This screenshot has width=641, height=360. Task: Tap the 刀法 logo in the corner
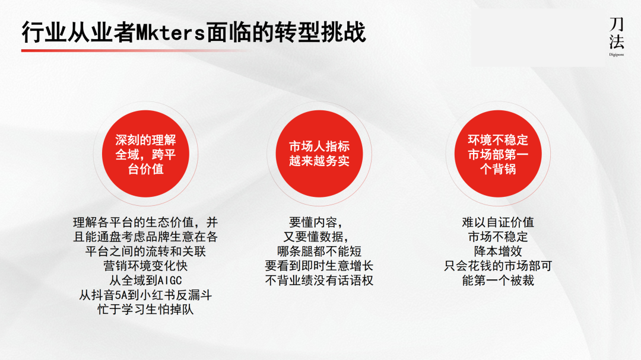point(617,33)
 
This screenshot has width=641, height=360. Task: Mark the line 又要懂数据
point(319,237)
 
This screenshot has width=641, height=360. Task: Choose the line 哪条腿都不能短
point(319,251)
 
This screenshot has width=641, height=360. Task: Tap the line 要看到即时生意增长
point(319,266)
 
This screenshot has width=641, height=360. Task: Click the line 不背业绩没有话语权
point(319,280)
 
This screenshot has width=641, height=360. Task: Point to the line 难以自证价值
point(498,222)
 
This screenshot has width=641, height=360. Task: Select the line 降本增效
point(498,251)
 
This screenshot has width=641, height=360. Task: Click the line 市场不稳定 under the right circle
point(498,237)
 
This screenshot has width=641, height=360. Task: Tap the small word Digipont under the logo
point(617,54)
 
